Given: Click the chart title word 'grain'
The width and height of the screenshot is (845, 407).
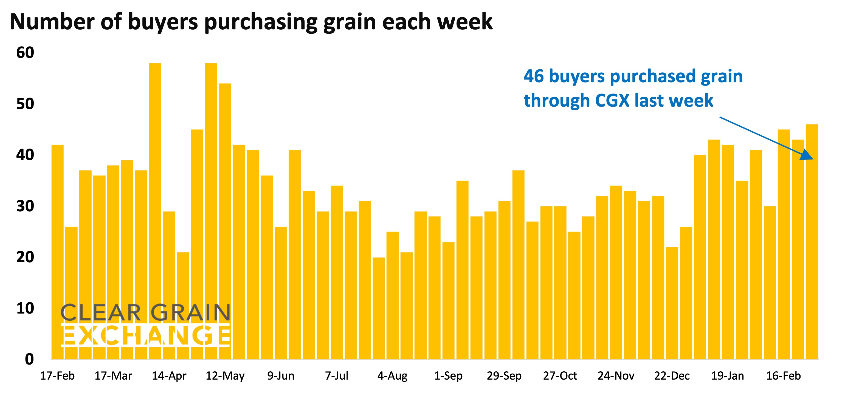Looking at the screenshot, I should [x=350, y=22].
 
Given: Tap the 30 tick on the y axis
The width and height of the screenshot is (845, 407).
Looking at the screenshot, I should [x=25, y=206].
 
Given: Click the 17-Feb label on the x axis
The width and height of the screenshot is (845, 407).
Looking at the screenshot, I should [x=57, y=375].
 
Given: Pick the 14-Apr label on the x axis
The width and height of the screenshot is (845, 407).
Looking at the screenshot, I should [x=169, y=375].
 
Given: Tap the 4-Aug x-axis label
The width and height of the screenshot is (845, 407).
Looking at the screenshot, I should [x=392, y=375].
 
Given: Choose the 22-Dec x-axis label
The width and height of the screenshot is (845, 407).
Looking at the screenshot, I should [x=672, y=375].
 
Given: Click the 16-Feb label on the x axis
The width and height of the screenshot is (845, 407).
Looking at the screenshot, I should [x=783, y=375].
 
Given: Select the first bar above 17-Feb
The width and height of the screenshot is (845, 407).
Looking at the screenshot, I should [x=57, y=252].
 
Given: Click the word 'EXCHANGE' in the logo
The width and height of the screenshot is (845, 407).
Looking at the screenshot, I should [x=146, y=335].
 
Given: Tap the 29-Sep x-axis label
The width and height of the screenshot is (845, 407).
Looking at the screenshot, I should [x=504, y=375].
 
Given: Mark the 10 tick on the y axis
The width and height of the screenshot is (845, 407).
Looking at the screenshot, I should [x=25, y=308].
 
